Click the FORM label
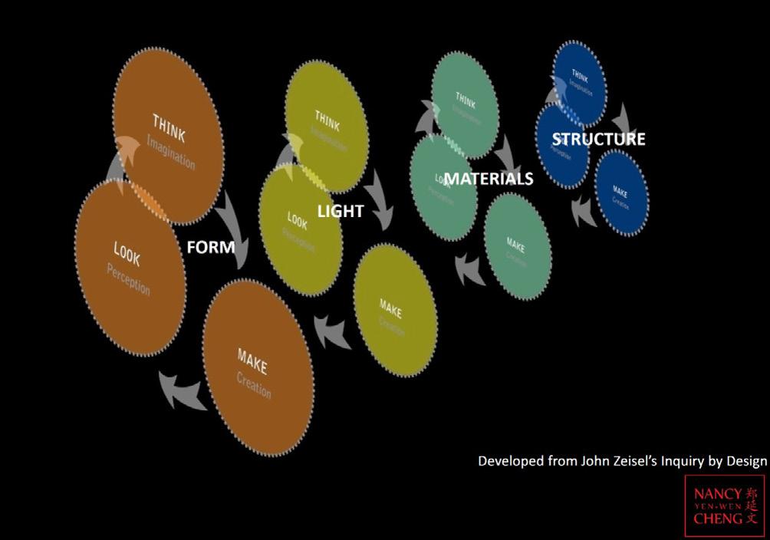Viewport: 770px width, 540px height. coord(211,248)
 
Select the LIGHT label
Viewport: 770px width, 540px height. coord(341,210)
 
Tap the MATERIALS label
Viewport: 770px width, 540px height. coord(489,179)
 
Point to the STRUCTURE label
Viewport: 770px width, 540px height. coord(599,139)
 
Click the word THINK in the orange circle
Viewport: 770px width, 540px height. coord(169,126)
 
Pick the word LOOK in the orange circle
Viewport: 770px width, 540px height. coord(127,254)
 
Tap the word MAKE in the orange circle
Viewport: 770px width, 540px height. coord(252,359)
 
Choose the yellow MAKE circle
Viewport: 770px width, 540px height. coord(396,311)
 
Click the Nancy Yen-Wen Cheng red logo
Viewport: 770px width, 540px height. coord(724,505)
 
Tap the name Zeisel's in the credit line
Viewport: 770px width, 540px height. coord(618,461)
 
